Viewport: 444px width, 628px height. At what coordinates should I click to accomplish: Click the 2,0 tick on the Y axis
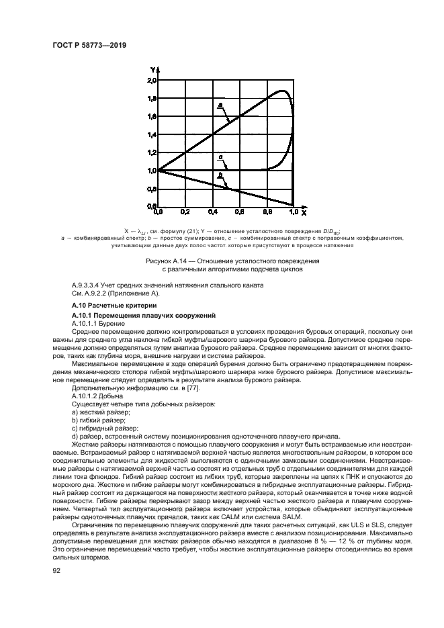pyautogui.click(x=152, y=80)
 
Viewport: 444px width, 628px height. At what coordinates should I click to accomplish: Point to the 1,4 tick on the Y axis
pyautogui.click(x=152, y=134)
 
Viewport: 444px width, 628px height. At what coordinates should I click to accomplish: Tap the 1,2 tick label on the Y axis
pyautogui.click(x=152, y=152)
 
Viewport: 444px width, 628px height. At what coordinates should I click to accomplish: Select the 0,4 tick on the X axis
pyautogui.click(x=212, y=212)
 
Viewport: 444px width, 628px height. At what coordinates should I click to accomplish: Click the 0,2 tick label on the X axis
pyautogui.click(x=185, y=212)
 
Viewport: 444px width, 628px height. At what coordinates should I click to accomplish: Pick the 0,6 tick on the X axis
pyautogui.click(x=240, y=212)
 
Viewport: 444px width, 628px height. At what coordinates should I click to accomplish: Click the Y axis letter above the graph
pyautogui.click(x=153, y=70)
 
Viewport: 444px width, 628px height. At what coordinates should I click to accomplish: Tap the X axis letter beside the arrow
pyautogui.click(x=304, y=213)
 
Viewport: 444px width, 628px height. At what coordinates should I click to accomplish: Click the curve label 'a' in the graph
pyautogui.click(x=220, y=105)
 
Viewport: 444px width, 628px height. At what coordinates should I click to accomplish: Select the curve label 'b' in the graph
pyautogui.click(x=220, y=175)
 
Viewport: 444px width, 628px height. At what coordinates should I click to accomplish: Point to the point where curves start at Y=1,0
pyautogui.click(x=159, y=171)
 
